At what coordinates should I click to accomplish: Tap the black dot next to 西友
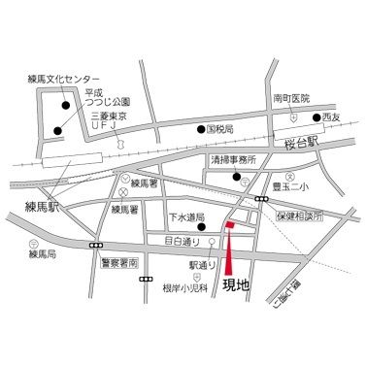tap(316, 118)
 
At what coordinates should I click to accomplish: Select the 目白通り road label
tap(182, 240)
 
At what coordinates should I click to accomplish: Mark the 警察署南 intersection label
tap(120, 264)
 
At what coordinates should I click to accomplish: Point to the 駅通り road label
tap(202, 263)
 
